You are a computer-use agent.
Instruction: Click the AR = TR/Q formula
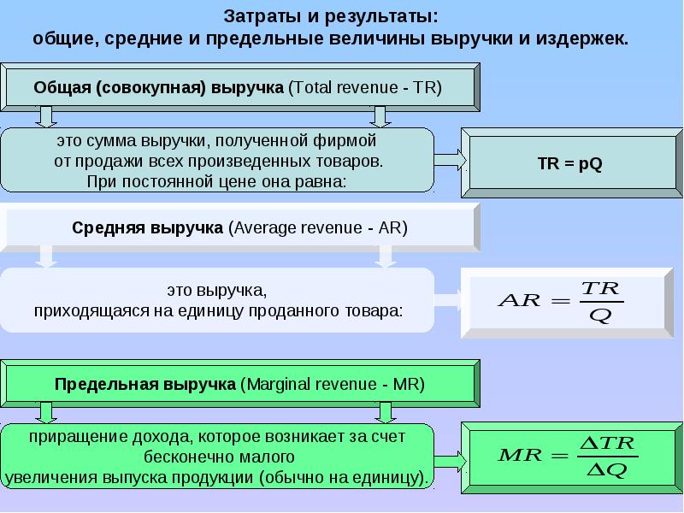tap(561, 302)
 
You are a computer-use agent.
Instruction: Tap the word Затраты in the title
tap(257, 17)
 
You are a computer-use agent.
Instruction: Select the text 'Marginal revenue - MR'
tap(333, 384)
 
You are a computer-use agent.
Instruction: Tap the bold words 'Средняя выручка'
tap(148, 229)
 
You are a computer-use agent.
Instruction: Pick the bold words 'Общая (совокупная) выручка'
tap(159, 87)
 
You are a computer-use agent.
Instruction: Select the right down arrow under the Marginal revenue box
tap(386, 413)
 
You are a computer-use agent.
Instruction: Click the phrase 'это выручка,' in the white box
tap(218, 292)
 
